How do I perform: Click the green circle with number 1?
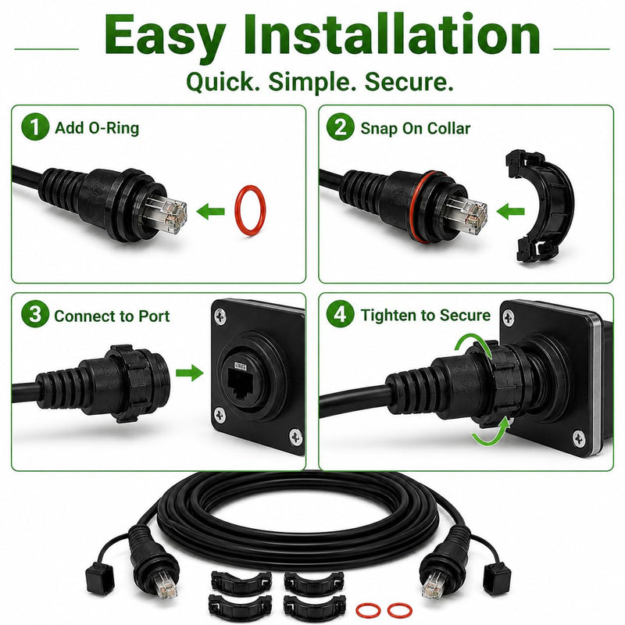coord(35,127)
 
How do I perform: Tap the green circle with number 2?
coord(340,127)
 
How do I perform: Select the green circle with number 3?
coord(35,315)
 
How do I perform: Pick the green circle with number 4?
coord(340,315)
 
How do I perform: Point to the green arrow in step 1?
coord(210,211)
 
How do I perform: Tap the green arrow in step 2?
coord(511,211)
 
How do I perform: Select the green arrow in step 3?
coord(190,373)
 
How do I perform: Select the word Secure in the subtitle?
coord(409,82)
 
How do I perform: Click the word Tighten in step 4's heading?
coord(390,316)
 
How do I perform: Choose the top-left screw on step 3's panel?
coord(220,317)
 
